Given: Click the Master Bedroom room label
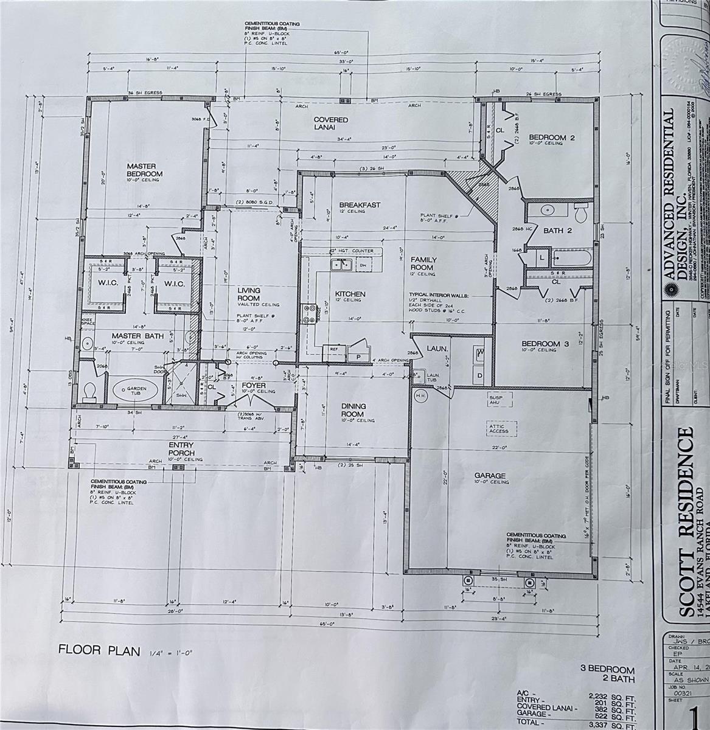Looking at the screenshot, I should pos(141,170).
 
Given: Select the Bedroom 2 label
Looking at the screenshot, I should pos(551,137).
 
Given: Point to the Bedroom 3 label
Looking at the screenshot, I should pos(545,344).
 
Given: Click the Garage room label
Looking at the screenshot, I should pos(490,475).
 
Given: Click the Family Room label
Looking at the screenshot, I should pos(422,263).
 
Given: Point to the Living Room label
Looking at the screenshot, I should pos(249,294).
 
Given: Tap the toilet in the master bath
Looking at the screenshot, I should pos(90,391).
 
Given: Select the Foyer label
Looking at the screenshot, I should pos(254,385).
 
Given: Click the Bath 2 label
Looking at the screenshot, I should pos(557,231).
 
